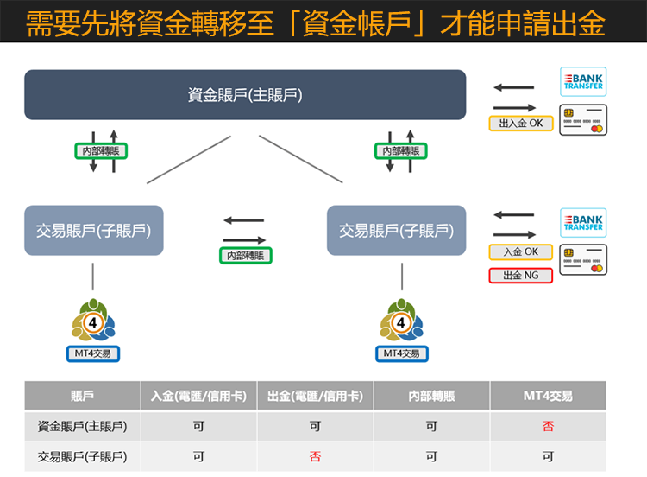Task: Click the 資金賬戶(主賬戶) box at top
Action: click(x=245, y=95)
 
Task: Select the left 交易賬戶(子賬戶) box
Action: click(x=94, y=231)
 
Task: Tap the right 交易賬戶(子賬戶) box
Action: click(x=396, y=231)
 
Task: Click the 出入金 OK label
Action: click(x=521, y=124)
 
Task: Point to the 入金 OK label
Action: click(x=521, y=252)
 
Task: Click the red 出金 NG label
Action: click(x=521, y=276)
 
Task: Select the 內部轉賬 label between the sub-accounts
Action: click(x=245, y=256)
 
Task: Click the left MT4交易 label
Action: click(x=93, y=353)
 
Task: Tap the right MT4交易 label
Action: click(x=401, y=353)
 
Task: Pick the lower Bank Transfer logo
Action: click(x=583, y=223)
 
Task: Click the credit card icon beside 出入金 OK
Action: click(x=583, y=119)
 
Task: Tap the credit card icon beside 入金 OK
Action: click(x=583, y=260)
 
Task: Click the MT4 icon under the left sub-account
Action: click(x=93, y=321)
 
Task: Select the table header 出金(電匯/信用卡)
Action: click(x=315, y=396)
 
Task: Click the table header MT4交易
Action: click(x=548, y=396)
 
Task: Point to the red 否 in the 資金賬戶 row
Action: click(x=548, y=426)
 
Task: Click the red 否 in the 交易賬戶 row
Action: click(x=315, y=456)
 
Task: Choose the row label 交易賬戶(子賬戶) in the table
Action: click(x=82, y=456)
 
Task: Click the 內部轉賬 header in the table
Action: click(x=431, y=396)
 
